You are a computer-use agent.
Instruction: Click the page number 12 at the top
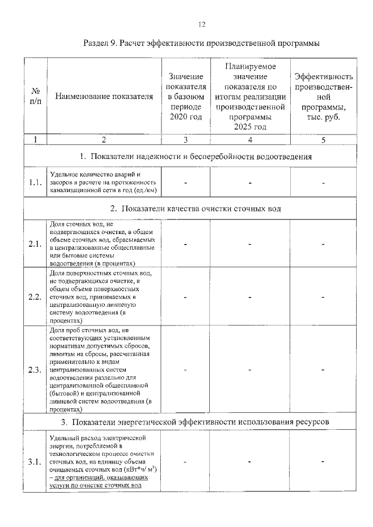coord(201,24)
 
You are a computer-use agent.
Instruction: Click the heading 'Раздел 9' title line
coord(201,44)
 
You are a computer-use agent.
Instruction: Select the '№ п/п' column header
coord(36,97)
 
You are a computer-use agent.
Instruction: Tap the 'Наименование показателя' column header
coord(103,97)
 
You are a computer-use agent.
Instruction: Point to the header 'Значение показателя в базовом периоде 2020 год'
coord(185,97)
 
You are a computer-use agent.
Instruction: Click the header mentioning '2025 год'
coord(249,97)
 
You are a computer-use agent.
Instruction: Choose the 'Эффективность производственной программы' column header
coord(323,97)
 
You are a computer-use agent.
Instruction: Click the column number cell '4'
coord(249,139)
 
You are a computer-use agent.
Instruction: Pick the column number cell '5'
coord(323,139)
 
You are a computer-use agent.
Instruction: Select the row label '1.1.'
coord(36,182)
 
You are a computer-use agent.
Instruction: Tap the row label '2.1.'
coord(36,244)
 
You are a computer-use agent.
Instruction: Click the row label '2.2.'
coord(36,297)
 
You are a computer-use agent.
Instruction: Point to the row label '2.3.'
coord(36,369)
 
